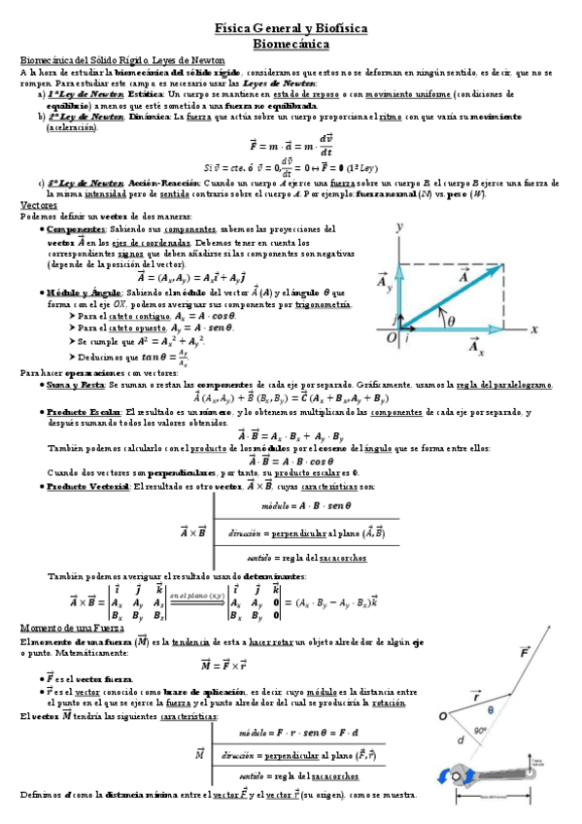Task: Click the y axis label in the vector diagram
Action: click(x=399, y=226)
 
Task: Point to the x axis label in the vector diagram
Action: click(x=533, y=328)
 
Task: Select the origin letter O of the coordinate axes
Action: click(x=391, y=337)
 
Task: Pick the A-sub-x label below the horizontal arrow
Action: click(x=475, y=346)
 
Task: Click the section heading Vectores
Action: click(x=39, y=205)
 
